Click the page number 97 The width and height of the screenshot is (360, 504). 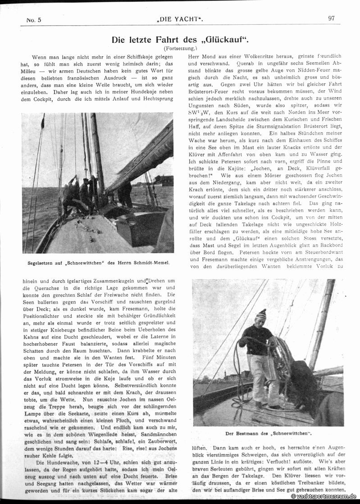pos(331,18)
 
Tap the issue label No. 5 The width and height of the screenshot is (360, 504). pos(34,20)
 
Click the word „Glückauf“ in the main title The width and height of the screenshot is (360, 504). pos(224,40)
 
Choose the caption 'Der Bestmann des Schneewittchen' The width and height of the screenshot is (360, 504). pos(269,433)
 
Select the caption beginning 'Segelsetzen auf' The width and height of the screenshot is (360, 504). pos(97,262)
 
